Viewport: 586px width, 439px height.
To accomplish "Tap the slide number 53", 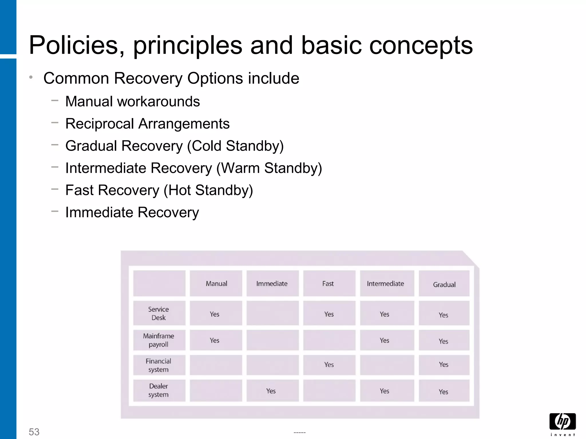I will tap(34, 432).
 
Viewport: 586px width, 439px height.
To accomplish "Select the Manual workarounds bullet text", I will tap(132, 101).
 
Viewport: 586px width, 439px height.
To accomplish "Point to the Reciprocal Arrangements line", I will tap(147, 124).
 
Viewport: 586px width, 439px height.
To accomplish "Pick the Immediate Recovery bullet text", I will tap(132, 212).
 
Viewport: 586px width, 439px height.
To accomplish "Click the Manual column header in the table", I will tap(216, 284).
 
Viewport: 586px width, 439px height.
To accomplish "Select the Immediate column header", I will tap(272, 284).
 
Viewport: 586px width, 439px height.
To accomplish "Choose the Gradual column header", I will tap(444, 284).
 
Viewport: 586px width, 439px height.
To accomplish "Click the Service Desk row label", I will tap(159, 313).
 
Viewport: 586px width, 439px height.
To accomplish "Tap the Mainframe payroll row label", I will tap(159, 340).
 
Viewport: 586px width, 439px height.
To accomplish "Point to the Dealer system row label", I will tap(159, 390).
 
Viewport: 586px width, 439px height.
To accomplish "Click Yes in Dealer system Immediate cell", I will tap(271, 391).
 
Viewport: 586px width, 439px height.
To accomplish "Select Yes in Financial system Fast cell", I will tap(329, 365).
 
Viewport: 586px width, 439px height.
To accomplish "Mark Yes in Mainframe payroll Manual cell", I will tap(214, 340).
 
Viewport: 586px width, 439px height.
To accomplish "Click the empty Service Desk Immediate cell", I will tap(272, 313).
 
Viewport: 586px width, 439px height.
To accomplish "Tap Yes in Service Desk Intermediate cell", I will tap(384, 314).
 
